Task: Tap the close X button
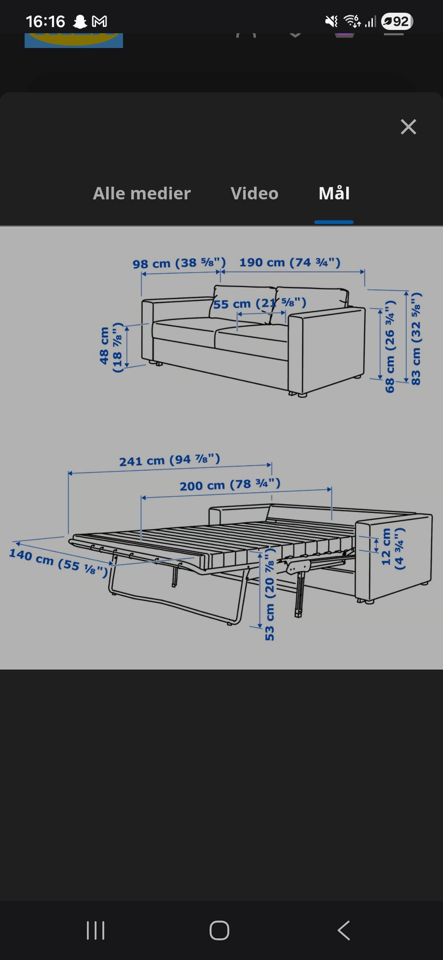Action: [x=408, y=126]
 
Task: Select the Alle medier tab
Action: [x=142, y=193]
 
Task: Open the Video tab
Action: [x=254, y=193]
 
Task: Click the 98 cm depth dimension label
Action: [x=179, y=263]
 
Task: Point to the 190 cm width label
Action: [x=290, y=262]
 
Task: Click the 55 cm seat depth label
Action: [x=259, y=303]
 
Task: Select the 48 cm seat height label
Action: [x=111, y=348]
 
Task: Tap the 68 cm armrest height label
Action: [x=390, y=346]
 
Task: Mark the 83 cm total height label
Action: [x=416, y=339]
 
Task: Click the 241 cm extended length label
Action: [x=169, y=460]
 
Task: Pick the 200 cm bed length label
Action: [x=230, y=485]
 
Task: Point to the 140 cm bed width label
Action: [x=59, y=562]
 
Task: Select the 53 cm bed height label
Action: [x=269, y=600]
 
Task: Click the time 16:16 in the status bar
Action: [x=45, y=21]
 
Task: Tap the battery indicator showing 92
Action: [x=397, y=21]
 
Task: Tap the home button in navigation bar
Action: [x=219, y=930]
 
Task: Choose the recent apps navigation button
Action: [x=96, y=930]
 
